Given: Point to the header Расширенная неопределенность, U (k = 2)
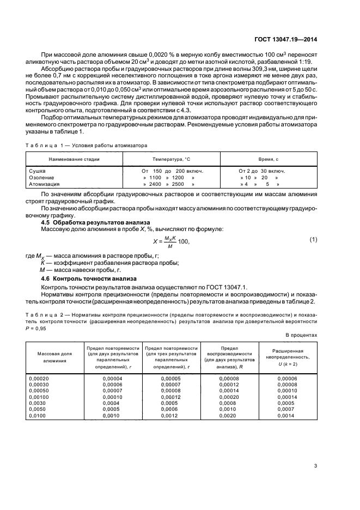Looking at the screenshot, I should (288, 357).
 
